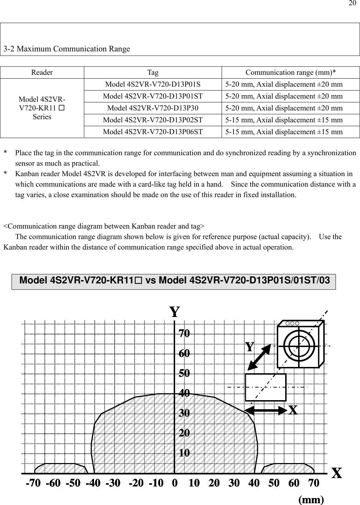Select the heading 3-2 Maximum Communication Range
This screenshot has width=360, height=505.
pyautogui.click(x=67, y=49)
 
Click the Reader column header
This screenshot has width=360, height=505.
pyautogui.click(x=42, y=73)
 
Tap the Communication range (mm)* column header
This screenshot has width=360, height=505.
pyautogui.click(x=290, y=73)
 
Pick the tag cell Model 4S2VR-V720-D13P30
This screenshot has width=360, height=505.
pyautogui.click(x=153, y=108)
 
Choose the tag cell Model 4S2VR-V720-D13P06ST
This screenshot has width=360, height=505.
pyautogui.click(x=153, y=132)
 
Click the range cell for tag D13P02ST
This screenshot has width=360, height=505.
pyautogui.click(x=284, y=120)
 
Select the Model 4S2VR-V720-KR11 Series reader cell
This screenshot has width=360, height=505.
pyautogui.click(x=42, y=108)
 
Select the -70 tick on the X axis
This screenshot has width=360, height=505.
pyautogui.click(x=33, y=483)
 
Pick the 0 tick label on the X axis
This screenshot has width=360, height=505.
pyautogui.click(x=175, y=483)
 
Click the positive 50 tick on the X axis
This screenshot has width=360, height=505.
pyautogui.click(x=274, y=483)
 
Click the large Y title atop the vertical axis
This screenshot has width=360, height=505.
pyautogui.click(x=174, y=311)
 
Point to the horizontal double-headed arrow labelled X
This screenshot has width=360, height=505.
pyautogui.click(x=266, y=410)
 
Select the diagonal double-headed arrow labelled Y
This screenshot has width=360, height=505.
pyautogui.click(x=259, y=357)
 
